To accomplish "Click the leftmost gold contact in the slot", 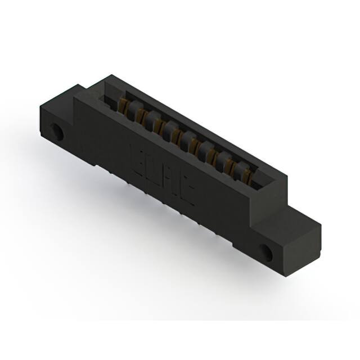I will pyautogui.click(x=123, y=105).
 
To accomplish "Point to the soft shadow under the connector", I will pyautogui.click(x=169, y=236).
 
